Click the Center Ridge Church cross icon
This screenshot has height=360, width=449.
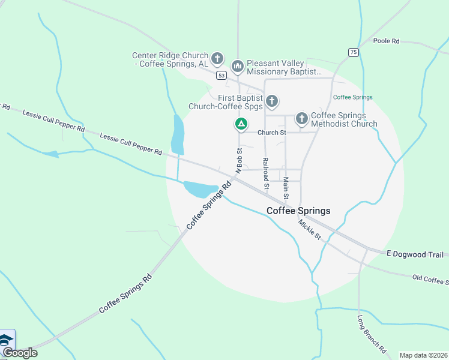click(217, 59)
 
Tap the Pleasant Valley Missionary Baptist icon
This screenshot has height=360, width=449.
click(237, 65)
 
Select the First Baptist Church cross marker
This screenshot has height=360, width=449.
click(272, 101)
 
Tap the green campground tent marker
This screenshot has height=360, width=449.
click(241, 124)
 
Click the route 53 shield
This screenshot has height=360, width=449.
click(222, 75)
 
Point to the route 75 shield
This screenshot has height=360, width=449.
click(354, 52)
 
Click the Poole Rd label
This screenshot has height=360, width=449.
click(386, 41)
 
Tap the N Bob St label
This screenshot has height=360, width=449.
click(238, 161)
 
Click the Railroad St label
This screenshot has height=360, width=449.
click(265, 173)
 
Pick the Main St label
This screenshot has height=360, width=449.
click(286, 188)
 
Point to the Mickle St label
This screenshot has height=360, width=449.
click(310, 230)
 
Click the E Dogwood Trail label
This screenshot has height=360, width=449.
click(415, 254)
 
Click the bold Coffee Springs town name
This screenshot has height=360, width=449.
click(298, 211)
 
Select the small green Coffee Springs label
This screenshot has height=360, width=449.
click(353, 97)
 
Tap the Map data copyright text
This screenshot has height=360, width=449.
click(423, 355)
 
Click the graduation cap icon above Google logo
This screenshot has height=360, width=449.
click(7, 339)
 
